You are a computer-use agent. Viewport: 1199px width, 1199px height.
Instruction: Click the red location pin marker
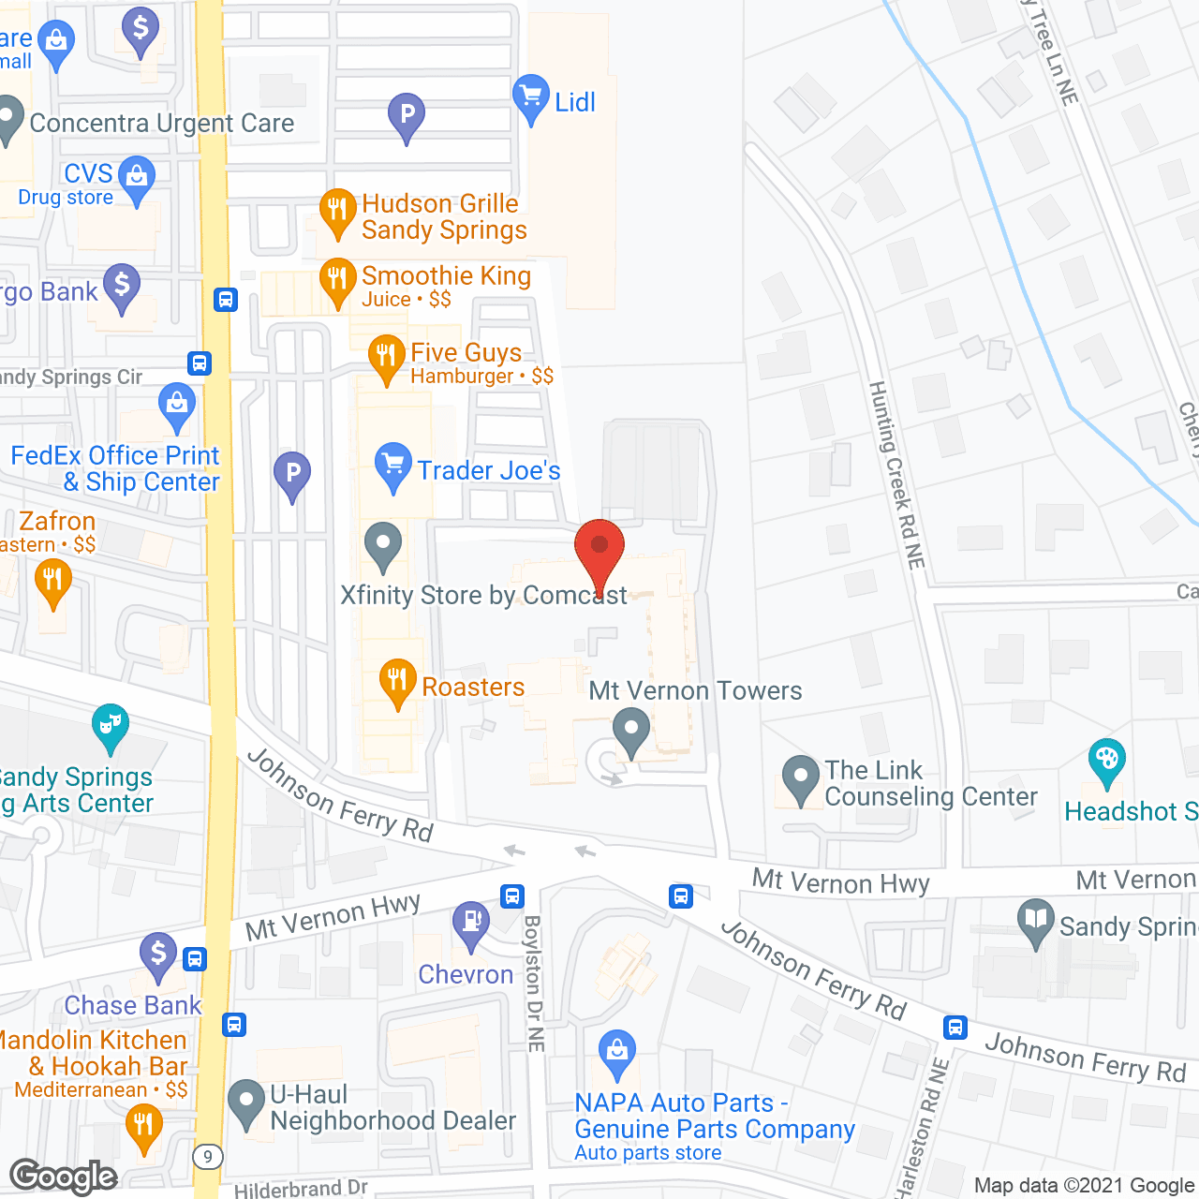599,551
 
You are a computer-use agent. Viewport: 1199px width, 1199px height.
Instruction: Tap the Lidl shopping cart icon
531,96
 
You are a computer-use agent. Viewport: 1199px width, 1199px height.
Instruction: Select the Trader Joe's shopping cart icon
392,466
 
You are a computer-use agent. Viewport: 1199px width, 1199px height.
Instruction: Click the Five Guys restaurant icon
386,357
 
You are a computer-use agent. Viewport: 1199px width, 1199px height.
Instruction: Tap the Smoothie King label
446,275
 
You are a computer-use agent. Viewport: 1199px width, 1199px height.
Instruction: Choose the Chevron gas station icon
470,924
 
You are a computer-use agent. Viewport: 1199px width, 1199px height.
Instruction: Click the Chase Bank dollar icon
158,955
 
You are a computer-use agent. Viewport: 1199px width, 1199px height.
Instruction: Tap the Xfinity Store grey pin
382,544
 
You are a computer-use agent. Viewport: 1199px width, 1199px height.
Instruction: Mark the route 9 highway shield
208,1158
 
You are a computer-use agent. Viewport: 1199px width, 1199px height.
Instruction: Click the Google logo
64,1177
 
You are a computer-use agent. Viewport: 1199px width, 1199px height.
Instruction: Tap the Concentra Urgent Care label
162,123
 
